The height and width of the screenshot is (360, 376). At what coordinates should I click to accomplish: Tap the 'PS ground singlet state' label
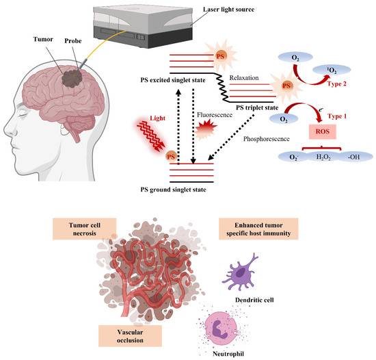(195, 190)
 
